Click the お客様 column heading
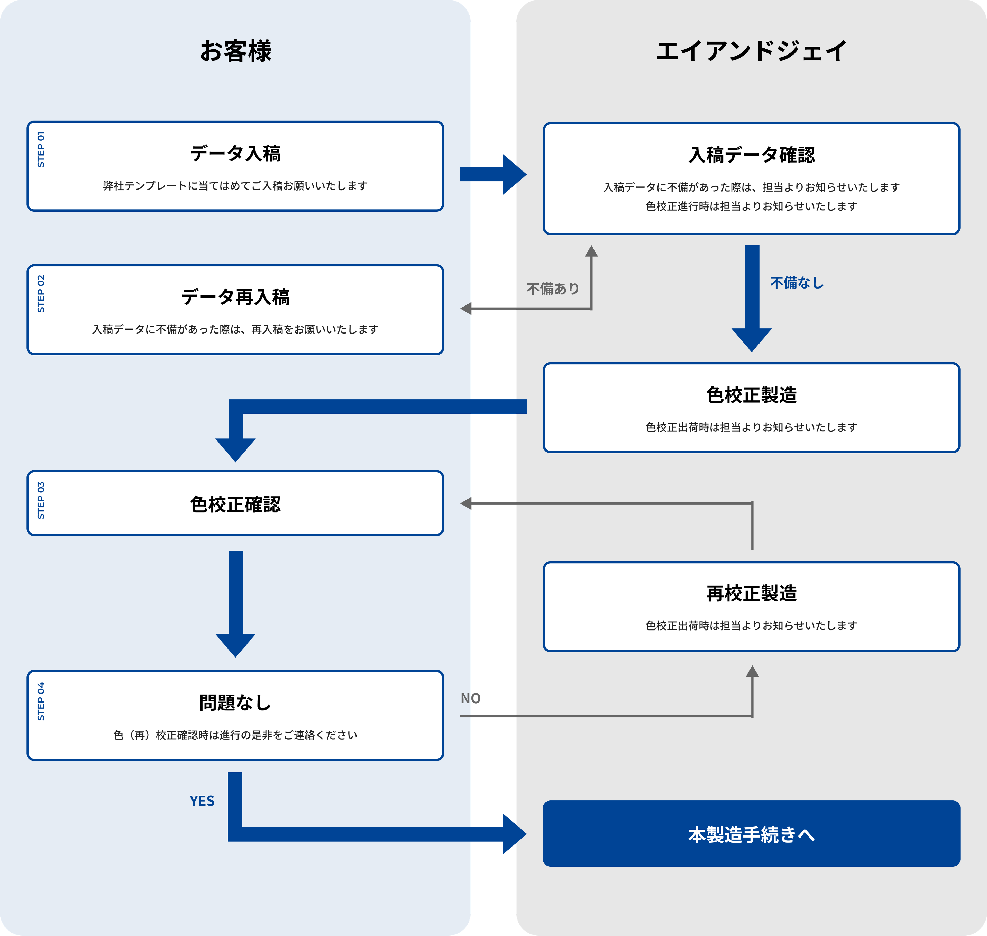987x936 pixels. point(235,51)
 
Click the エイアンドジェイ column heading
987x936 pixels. point(751,51)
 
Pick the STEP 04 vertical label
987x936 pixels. point(41,701)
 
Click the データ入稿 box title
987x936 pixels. point(235,153)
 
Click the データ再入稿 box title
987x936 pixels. point(235,297)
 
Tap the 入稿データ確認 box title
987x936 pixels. point(751,155)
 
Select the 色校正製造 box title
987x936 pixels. point(751,395)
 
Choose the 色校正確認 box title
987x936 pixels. point(235,504)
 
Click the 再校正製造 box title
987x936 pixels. point(751,593)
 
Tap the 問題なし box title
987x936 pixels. point(235,703)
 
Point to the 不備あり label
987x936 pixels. point(553,288)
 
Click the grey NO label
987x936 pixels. point(470,698)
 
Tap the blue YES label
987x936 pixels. point(202,801)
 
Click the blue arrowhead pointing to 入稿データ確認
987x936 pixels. point(514,174)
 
